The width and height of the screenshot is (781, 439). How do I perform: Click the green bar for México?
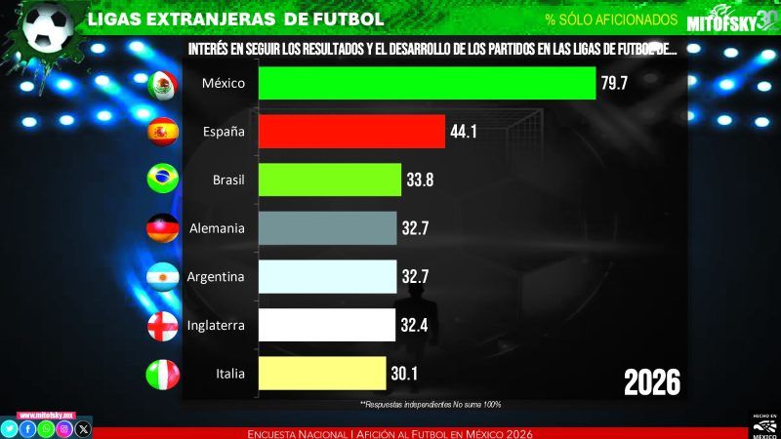(427, 83)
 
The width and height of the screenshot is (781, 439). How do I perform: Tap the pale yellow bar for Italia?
(322, 373)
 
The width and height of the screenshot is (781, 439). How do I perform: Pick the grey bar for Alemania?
(327, 228)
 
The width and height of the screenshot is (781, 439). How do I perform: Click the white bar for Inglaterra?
(327, 325)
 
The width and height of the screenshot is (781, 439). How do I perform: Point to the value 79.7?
(614, 83)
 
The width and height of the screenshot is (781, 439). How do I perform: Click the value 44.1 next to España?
(463, 131)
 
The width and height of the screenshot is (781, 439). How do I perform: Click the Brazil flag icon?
(161, 180)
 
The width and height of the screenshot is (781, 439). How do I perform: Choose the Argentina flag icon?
(161, 277)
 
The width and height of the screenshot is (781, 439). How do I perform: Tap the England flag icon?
(161, 325)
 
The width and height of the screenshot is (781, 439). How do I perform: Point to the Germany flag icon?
(161, 228)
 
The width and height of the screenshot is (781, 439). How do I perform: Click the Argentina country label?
(216, 277)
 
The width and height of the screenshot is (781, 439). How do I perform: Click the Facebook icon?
(27, 428)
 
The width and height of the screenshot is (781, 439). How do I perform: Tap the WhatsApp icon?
(46, 428)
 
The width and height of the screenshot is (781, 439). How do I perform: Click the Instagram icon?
(64, 428)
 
